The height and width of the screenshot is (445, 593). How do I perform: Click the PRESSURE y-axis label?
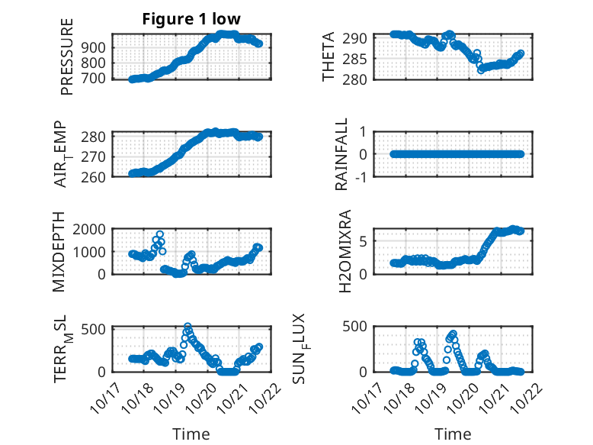click(x=67, y=56)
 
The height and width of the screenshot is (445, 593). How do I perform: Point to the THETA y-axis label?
click(x=329, y=56)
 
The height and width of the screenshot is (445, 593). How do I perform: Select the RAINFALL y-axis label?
click(x=342, y=154)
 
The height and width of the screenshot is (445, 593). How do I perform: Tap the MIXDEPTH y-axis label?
click(x=59, y=251)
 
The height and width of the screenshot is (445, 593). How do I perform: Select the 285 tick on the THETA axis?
click(x=360, y=59)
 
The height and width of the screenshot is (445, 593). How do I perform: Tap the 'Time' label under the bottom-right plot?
click(x=453, y=434)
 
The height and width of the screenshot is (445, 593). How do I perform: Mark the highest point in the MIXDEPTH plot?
click(x=160, y=234)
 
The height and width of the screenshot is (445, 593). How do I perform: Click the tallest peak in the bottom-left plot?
click(x=188, y=327)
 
